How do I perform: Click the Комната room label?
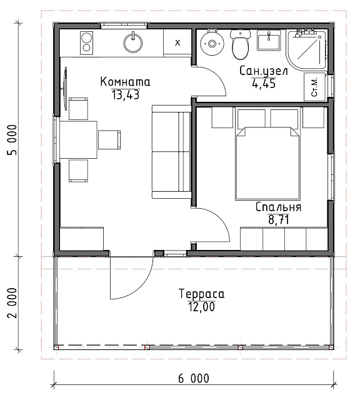[125, 82]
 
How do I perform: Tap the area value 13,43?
[126, 95]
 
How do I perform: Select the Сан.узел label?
[264, 71]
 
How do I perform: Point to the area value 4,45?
[264, 83]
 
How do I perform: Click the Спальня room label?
[278, 207]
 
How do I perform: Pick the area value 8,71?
[279, 219]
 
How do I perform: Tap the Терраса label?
[201, 294]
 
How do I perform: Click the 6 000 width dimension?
[194, 378]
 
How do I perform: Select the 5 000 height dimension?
[12, 140]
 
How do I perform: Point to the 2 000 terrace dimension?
[12, 303]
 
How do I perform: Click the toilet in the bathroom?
[240, 44]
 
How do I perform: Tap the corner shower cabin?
[306, 49]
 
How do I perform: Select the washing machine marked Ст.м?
[314, 87]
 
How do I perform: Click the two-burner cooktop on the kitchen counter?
[87, 43]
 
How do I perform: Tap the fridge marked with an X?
[177, 42]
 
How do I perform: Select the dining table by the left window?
[78, 140]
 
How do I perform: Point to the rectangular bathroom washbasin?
[268, 40]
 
